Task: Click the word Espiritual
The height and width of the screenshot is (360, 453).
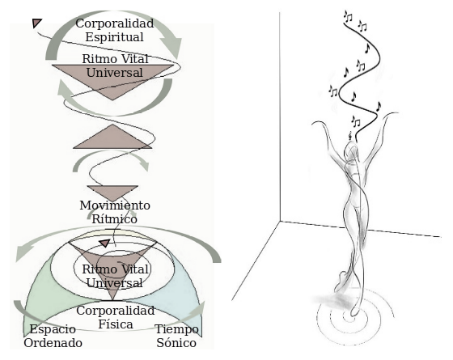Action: (114, 37)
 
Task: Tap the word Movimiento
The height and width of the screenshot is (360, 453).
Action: (115, 205)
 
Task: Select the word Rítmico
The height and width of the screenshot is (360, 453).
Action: (114, 218)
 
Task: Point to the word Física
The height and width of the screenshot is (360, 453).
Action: (116, 324)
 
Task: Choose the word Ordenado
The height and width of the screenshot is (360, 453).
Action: (53, 343)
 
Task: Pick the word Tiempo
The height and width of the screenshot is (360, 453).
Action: (176, 329)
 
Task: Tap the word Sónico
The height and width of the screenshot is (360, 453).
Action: (176, 343)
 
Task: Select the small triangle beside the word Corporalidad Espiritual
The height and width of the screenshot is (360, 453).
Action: (36, 23)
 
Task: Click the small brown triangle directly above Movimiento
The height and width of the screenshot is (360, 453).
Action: (112, 193)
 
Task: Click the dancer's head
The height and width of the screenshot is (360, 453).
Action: (351, 150)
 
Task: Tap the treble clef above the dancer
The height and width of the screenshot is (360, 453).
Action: (351, 135)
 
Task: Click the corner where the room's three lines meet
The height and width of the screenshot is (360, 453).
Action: (280, 222)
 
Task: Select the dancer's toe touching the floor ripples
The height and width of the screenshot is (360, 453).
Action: (353, 315)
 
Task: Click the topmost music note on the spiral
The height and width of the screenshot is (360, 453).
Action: (348, 16)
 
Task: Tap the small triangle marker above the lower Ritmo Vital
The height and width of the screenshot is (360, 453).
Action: (104, 243)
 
